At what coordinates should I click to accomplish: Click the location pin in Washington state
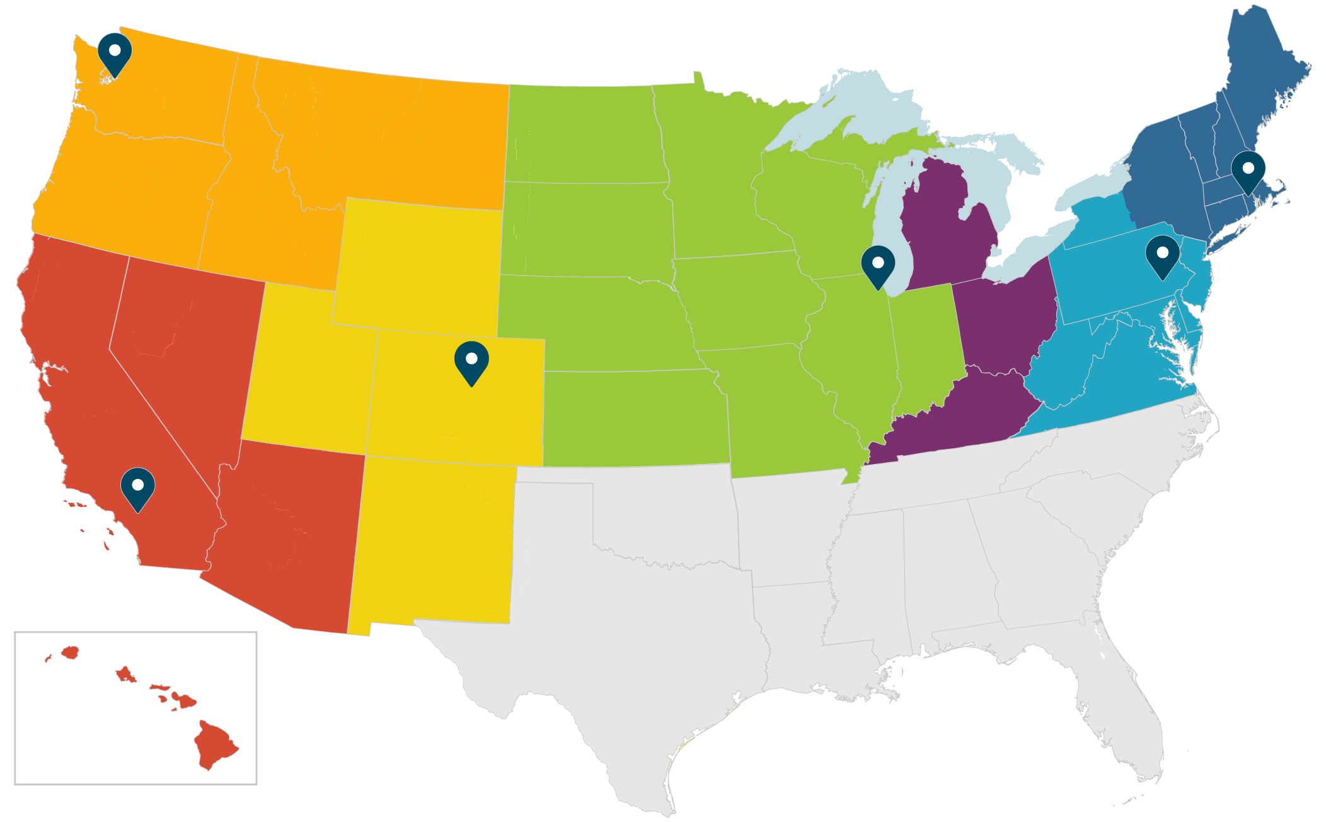[x=115, y=52]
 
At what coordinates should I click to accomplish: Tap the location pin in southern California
[x=138, y=487]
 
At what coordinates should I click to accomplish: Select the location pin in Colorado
[x=471, y=360]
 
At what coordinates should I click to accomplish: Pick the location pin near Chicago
[x=878, y=264]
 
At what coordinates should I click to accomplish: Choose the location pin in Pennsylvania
[x=1162, y=254]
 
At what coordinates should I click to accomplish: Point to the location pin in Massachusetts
[x=1248, y=170]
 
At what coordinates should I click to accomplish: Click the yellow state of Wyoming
[x=419, y=265]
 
